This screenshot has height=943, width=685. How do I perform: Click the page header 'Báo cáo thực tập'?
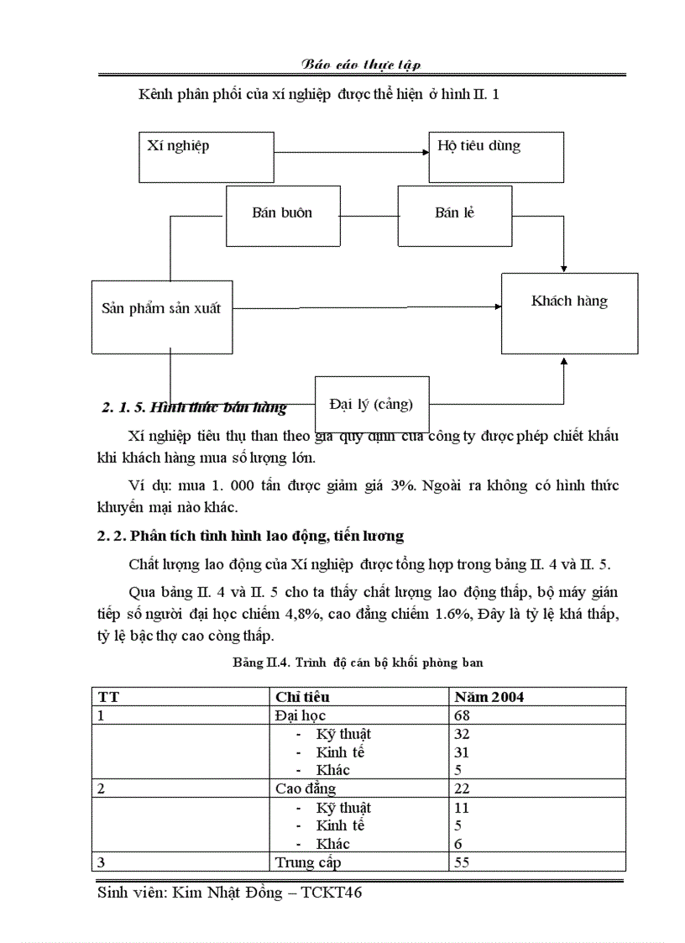click(362, 65)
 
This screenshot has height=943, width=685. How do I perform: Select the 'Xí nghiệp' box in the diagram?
click(207, 156)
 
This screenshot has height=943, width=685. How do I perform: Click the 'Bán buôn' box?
click(282, 216)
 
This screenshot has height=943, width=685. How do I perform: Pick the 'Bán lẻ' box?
click(454, 216)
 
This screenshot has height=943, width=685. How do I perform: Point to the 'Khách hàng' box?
click(569, 312)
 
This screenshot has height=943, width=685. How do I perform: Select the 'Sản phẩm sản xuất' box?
click(161, 316)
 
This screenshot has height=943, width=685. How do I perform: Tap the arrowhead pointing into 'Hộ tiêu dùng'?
click(423, 152)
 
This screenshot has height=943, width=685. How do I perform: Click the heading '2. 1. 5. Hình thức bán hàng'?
click(194, 409)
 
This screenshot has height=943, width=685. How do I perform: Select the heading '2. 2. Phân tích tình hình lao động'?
click(250, 535)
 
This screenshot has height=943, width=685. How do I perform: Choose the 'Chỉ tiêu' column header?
click(302, 697)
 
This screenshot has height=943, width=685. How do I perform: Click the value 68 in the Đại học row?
click(463, 715)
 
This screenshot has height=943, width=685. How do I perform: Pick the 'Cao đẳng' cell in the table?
click(306, 788)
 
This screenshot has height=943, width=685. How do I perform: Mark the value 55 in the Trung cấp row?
click(463, 862)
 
